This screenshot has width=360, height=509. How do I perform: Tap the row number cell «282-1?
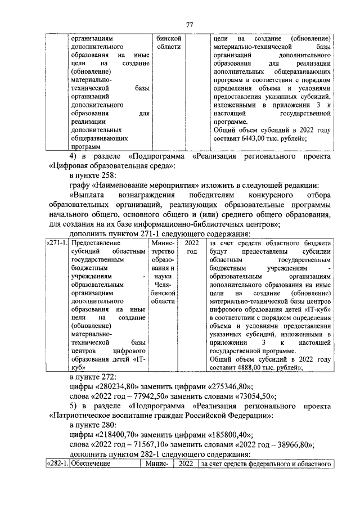(56, 464)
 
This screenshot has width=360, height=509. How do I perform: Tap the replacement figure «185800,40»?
(225, 434)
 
